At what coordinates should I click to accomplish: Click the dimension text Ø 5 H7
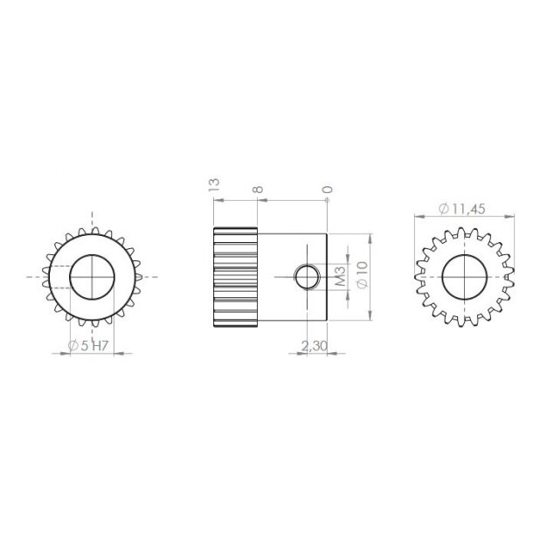pyautogui.click(x=88, y=347)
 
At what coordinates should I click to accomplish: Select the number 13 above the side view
pyautogui.click(x=213, y=184)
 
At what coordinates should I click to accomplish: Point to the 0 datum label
pyautogui.click(x=327, y=189)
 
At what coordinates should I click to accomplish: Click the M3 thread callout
pyautogui.click(x=342, y=278)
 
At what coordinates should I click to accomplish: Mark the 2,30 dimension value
pyautogui.click(x=314, y=347)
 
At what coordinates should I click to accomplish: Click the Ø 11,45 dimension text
pyautogui.click(x=463, y=208)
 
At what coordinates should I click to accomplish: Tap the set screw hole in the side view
pyautogui.click(x=307, y=278)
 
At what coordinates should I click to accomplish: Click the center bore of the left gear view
pyautogui.click(x=92, y=277)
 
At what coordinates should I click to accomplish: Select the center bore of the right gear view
pyautogui.click(x=463, y=278)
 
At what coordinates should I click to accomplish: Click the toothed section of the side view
pyautogui.click(x=235, y=278)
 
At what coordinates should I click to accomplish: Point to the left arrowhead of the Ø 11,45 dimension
pyautogui.click(x=417, y=216)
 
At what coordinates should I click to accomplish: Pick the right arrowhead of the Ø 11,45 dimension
pyautogui.click(x=509, y=216)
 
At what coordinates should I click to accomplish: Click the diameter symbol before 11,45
pyautogui.click(x=444, y=208)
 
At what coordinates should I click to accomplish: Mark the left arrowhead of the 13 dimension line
pyautogui.click(x=216, y=199)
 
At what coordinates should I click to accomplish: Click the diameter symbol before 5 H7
pyautogui.click(x=73, y=347)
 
